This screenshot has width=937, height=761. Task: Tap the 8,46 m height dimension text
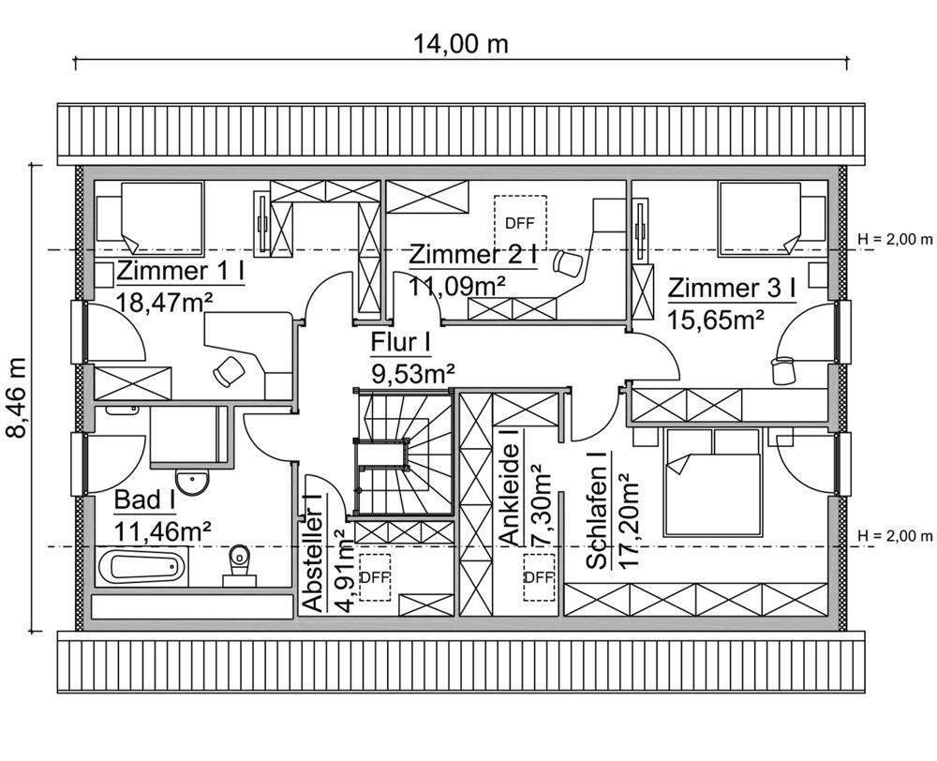[x=18, y=397]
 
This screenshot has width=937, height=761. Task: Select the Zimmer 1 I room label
[x=181, y=272]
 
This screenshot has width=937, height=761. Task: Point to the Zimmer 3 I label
[x=731, y=287]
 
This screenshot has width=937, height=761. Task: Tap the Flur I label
[x=400, y=344]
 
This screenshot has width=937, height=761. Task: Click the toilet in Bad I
[x=240, y=562]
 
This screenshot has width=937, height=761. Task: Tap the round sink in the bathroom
[x=195, y=483]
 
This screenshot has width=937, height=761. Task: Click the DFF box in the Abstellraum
[x=374, y=576]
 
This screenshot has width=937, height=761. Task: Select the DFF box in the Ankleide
[x=539, y=576]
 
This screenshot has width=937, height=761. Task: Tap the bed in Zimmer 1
[x=158, y=215]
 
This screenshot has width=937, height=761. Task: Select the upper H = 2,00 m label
[x=895, y=238]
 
